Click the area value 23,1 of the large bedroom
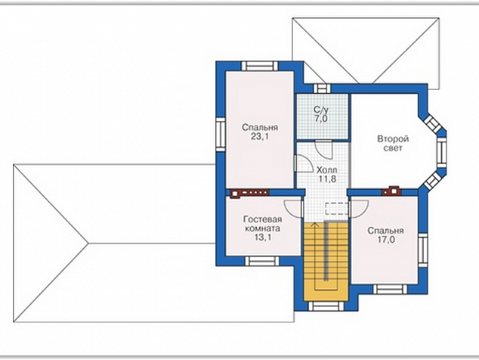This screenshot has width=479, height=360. (260, 136)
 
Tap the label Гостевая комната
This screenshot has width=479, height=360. (262, 224)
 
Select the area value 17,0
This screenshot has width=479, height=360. (385, 240)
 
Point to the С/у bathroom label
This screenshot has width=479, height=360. (321, 110)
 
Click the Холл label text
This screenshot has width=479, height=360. (327, 169)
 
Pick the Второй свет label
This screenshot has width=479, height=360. (393, 144)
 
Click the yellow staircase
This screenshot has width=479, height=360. (326, 261)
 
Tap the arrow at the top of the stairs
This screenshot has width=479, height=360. (314, 225)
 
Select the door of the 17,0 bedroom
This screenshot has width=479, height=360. (359, 209)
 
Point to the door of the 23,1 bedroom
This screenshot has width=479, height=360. (303, 163)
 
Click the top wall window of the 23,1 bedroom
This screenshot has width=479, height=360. (260, 66)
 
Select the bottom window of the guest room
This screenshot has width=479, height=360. (262, 261)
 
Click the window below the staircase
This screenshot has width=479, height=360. (326, 306)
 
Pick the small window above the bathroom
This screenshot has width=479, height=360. (322, 88)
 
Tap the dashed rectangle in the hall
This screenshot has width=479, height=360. (337, 209)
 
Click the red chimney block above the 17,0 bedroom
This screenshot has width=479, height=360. (391, 191)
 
